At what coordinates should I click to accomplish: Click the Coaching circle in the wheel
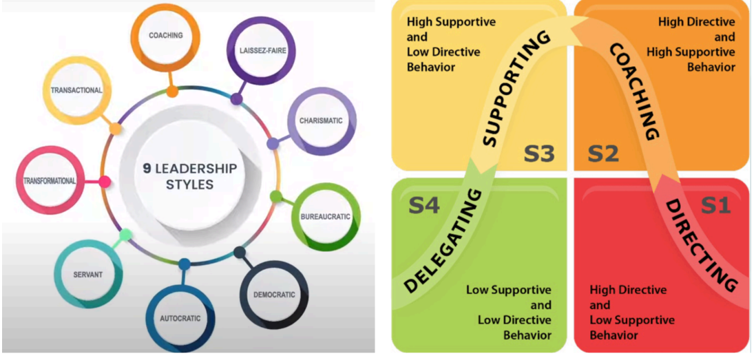[x=165, y=35]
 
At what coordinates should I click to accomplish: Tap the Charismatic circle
[x=321, y=121]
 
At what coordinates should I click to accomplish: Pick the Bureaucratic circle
[x=324, y=217]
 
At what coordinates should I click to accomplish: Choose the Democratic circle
[x=273, y=295]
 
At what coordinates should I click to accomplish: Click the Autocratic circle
[x=180, y=318]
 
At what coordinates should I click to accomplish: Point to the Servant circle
[x=87, y=275]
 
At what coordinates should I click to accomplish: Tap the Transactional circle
[x=76, y=90]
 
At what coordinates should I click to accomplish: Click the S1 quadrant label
[x=716, y=205]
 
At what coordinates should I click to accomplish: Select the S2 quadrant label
[x=603, y=154]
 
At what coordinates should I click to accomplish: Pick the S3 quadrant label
[x=539, y=154]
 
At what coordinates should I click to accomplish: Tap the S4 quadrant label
[x=424, y=205]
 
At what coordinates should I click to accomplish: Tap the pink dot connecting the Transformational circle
[x=105, y=182]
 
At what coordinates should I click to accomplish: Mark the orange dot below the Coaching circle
[x=172, y=91]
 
